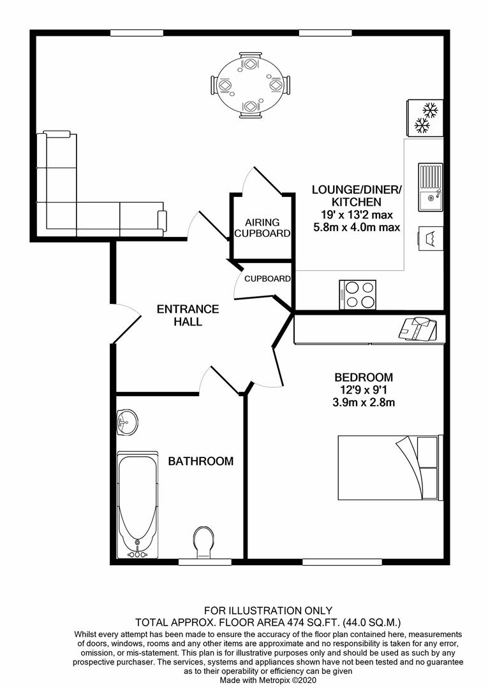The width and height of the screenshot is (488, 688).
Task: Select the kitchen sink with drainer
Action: pyautogui.click(x=431, y=187)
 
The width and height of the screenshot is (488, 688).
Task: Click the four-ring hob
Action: pyautogui.click(x=357, y=295)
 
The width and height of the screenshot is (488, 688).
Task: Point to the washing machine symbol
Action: pyautogui.click(x=431, y=239)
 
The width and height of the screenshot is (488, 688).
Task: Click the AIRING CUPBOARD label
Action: pyautogui.click(x=262, y=227)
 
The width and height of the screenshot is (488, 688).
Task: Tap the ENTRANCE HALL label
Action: pyautogui.click(x=188, y=315)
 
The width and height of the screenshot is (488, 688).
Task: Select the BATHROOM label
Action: pyautogui.click(x=201, y=461)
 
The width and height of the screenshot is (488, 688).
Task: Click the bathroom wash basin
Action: pyautogui.click(x=128, y=422)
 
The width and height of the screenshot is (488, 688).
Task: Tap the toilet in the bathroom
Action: pyautogui.click(x=203, y=543)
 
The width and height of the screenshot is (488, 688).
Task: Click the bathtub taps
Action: pyautogui.click(x=137, y=553)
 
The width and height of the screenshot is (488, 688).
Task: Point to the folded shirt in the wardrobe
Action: pyautogui.click(x=418, y=329)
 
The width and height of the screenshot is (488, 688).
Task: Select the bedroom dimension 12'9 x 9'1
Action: pyautogui.click(x=364, y=389)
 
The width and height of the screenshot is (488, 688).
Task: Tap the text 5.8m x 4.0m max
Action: pyautogui.click(x=357, y=227)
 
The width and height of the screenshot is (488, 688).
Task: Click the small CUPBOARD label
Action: pyautogui.click(x=267, y=278)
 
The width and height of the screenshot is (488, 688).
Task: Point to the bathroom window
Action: pyautogui.click(x=205, y=562)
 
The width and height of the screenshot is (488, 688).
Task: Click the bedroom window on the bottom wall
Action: pyautogui.click(x=342, y=562)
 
